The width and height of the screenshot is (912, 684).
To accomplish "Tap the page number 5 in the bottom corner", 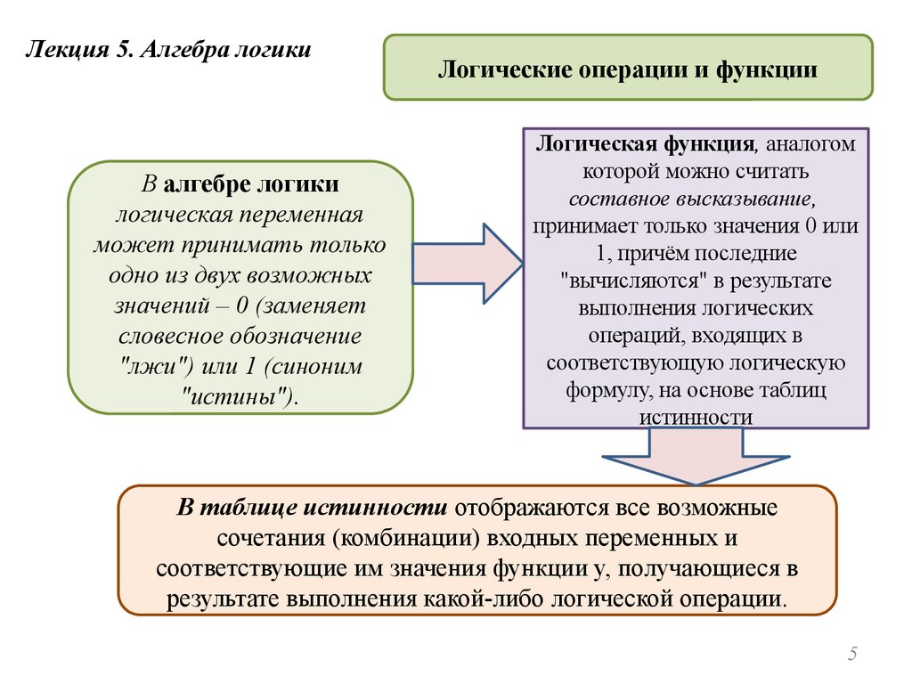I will coord(852,655).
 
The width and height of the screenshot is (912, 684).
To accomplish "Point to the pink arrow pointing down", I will coord(696,454).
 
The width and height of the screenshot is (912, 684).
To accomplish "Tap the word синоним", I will coord(316,367).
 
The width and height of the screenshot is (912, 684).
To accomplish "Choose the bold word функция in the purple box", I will coord(708,144).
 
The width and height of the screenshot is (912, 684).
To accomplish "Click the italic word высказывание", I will coord(753,197).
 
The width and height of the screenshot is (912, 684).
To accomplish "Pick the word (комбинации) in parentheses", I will coord(402,538).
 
